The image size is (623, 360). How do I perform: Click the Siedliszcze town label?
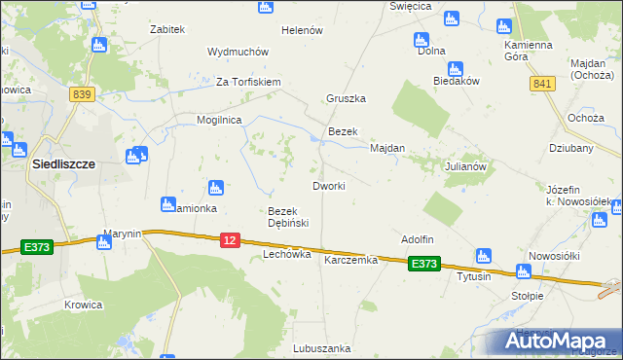[63, 164]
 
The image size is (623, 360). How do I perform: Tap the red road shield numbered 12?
[230, 239]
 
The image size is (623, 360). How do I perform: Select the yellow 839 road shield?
[82, 93]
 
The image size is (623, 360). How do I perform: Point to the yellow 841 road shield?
[542, 86]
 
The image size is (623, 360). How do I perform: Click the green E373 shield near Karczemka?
[424, 264]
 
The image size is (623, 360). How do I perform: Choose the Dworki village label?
[328, 186]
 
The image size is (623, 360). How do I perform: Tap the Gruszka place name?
[346, 99]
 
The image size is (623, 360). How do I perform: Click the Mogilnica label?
[220, 121]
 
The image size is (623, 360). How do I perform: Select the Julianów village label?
[464, 166]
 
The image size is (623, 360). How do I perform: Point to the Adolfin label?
[417, 239]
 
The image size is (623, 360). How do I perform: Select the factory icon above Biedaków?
[455, 68]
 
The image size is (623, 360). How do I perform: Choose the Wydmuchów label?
[232, 52]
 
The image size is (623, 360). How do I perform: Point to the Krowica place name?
[84, 305]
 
